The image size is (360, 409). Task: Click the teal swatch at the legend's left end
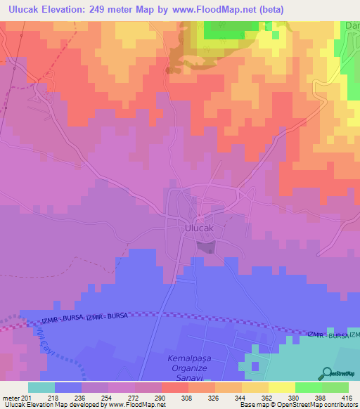41,387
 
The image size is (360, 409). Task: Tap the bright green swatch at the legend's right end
335,387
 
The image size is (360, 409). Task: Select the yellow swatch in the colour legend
282,387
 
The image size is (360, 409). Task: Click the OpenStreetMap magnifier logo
326,374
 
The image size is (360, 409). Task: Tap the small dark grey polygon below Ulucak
205,247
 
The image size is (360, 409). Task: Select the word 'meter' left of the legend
10,398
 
